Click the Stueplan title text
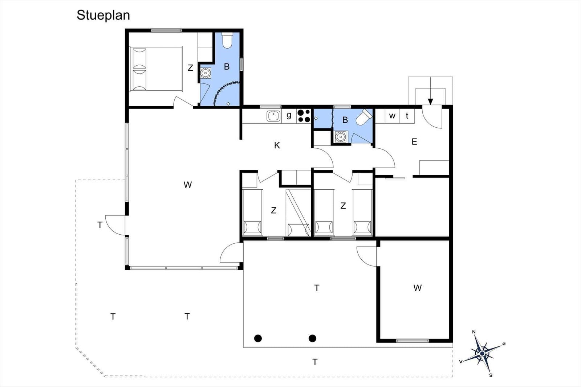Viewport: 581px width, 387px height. (103, 15)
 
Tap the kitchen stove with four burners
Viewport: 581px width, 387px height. (304, 116)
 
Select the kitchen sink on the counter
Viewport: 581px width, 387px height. (274, 116)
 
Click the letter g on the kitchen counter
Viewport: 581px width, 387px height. (289, 116)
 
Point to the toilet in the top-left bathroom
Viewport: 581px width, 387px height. (227, 40)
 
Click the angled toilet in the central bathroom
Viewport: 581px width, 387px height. (364, 117)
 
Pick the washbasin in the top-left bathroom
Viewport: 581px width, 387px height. (206, 73)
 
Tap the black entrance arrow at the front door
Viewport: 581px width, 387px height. (431, 102)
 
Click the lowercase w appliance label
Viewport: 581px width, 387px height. (392, 116)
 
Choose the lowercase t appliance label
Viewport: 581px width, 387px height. (407, 116)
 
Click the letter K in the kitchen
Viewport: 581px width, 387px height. (277, 145)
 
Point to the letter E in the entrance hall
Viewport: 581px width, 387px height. (414, 142)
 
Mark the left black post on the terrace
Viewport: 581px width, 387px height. (258, 338)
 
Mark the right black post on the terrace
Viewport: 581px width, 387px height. (312, 338)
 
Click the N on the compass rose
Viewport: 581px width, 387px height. (474, 332)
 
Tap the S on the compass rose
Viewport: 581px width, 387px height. (491, 375)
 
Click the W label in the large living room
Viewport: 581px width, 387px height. (187, 185)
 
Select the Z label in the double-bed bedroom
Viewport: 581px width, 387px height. (190, 68)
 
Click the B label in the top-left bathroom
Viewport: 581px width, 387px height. (227, 67)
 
